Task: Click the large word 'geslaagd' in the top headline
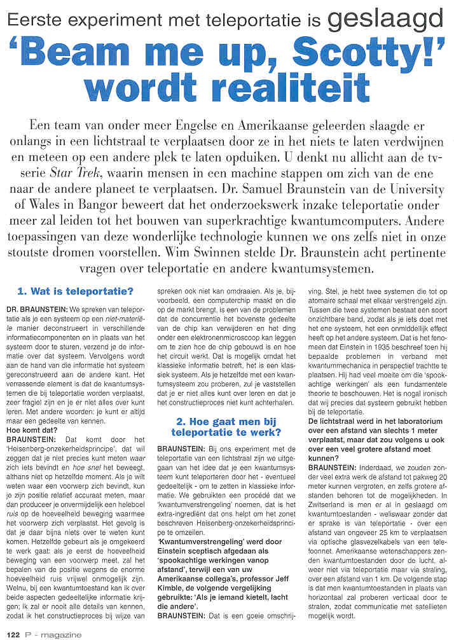[384, 20]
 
